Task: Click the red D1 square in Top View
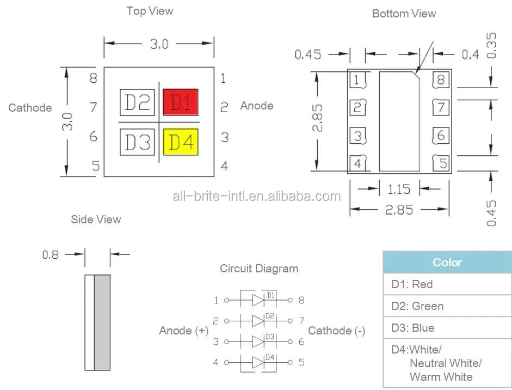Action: click(x=181, y=102)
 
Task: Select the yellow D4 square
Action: click(x=181, y=142)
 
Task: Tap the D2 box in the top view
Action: click(x=137, y=102)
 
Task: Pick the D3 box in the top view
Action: click(x=137, y=142)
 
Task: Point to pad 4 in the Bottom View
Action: click(x=357, y=162)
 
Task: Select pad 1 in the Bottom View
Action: click(x=356, y=81)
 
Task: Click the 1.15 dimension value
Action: click(x=399, y=190)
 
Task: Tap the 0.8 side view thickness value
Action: click(x=51, y=254)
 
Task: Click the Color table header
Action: click(x=447, y=262)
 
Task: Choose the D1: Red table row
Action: click(x=447, y=284)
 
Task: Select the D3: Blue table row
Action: click(x=447, y=328)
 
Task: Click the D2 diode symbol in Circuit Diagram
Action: click(x=259, y=320)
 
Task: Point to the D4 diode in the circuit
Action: click(x=259, y=362)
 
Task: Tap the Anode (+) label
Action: click(x=184, y=331)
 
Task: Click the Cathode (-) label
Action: click(x=336, y=331)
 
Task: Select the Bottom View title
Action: click(x=404, y=14)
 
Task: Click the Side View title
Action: click(x=96, y=220)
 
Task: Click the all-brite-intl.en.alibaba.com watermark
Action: click(x=256, y=197)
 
